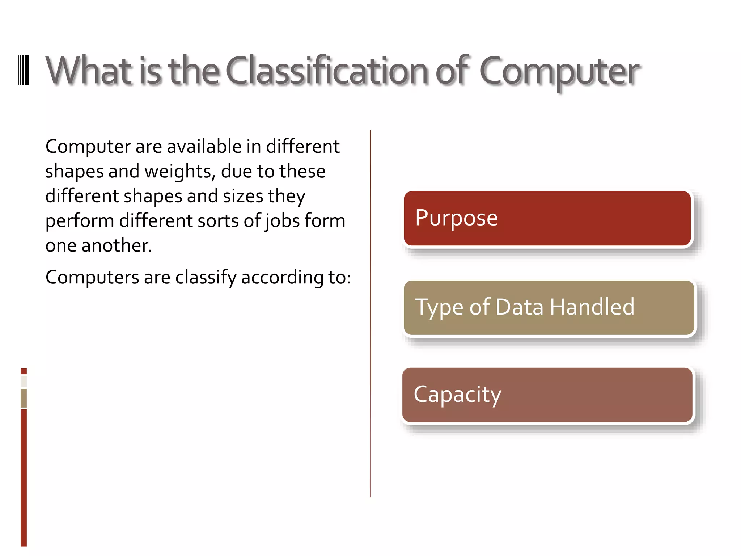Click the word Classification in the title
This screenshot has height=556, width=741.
point(327,71)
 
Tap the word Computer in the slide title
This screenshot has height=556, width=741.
point(559,71)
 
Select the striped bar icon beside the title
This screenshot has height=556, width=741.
point(24,70)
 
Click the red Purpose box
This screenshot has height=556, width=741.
point(547,218)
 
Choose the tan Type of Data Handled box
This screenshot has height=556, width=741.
point(549,308)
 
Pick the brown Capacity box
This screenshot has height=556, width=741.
point(547,395)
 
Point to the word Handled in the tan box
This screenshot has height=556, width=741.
point(592,307)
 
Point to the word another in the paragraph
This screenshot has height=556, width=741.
point(116,245)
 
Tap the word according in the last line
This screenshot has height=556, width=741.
point(282,278)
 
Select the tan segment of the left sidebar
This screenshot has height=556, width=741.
point(24,398)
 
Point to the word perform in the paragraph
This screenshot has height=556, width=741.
point(80,221)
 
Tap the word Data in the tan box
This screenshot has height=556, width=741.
point(519,307)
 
